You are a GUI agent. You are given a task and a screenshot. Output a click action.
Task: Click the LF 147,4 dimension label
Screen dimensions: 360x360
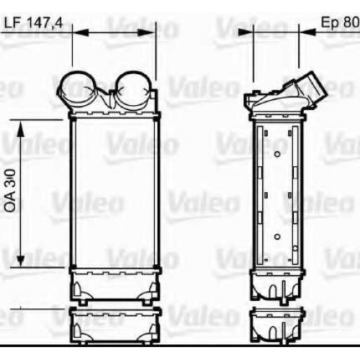pyautogui.click(x=33, y=23)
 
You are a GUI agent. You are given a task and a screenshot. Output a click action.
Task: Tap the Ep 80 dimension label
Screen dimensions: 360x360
pyautogui.click(x=340, y=22)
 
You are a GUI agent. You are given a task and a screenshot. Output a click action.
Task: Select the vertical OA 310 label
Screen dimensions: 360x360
pyautogui.click(x=10, y=191)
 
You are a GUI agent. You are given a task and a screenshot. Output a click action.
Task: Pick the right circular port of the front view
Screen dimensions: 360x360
pyautogui.click(x=132, y=89)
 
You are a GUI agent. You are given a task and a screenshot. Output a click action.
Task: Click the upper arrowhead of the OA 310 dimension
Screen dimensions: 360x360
pyautogui.click(x=21, y=128)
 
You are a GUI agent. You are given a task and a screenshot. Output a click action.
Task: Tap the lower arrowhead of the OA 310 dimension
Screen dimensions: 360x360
pyautogui.click(x=21, y=258)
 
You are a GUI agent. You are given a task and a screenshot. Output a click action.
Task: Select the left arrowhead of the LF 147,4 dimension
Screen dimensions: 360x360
pyautogui.click(x=81, y=32)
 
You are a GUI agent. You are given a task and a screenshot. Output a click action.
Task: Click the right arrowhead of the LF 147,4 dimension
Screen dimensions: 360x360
pyautogui.click(x=145, y=32)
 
